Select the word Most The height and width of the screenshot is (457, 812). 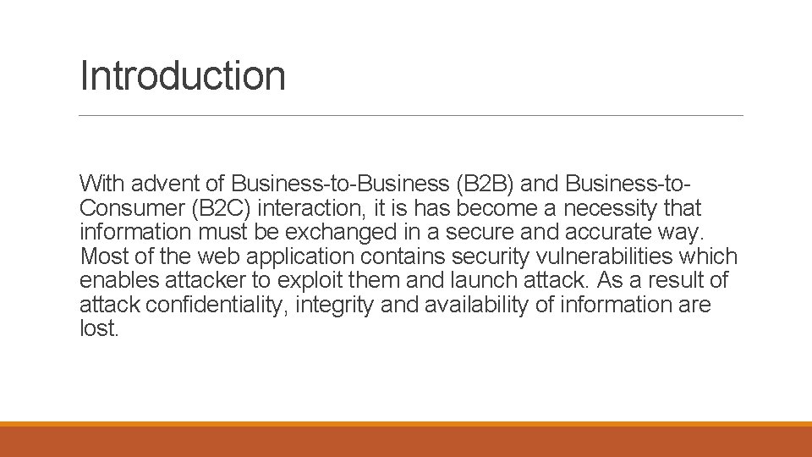point(102,256)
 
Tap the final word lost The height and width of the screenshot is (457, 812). point(99,329)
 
